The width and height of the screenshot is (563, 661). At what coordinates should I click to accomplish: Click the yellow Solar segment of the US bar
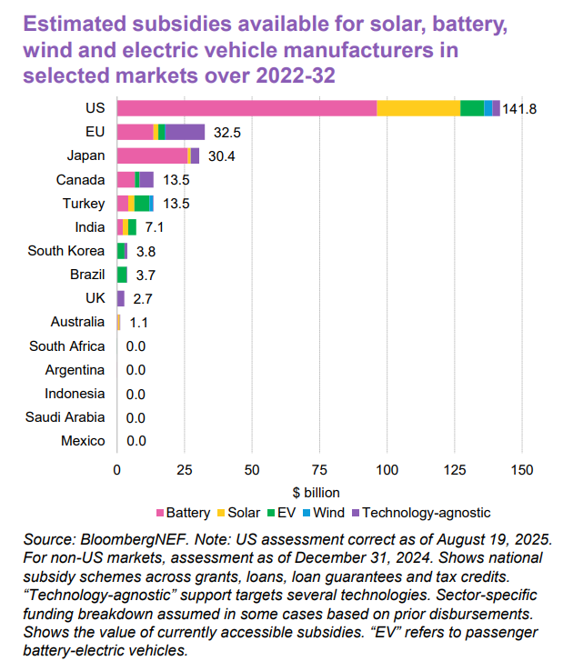click(418, 108)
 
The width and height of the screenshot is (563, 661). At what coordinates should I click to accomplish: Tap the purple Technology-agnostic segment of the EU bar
click(185, 132)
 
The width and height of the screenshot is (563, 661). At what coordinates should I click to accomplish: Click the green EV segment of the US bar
click(472, 108)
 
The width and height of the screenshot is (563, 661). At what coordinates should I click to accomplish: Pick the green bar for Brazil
click(122, 275)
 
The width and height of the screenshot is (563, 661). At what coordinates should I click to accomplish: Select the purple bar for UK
click(120, 298)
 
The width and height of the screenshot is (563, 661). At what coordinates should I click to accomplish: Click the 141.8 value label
click(519, 108)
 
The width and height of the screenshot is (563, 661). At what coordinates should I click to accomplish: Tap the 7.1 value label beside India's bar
click(154, 227)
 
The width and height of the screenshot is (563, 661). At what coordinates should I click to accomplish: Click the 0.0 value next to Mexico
click(136, 441)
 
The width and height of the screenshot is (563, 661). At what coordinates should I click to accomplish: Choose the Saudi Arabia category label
click(66, 417)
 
